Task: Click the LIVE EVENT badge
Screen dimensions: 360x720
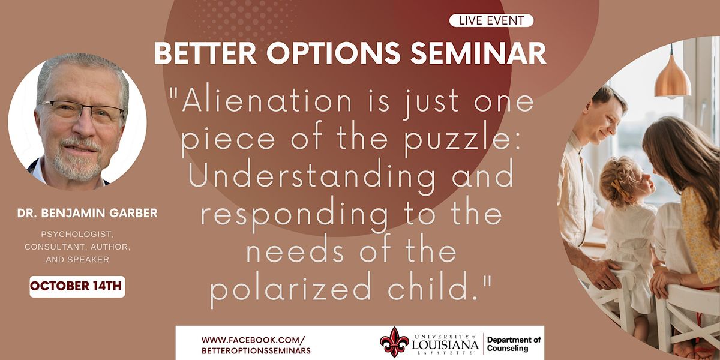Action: (x=491, y=21)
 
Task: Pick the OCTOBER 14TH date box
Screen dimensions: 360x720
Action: (x=77, y=286)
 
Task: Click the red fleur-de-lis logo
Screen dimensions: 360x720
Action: (x=394, y=343)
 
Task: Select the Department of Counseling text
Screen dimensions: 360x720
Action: (x=514, y=344)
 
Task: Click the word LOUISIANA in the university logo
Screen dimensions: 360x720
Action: (x=445, y=344)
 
